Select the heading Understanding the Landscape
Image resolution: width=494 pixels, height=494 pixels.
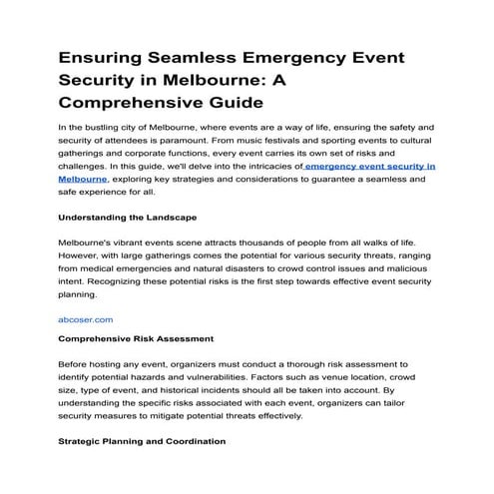pos(127,217)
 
